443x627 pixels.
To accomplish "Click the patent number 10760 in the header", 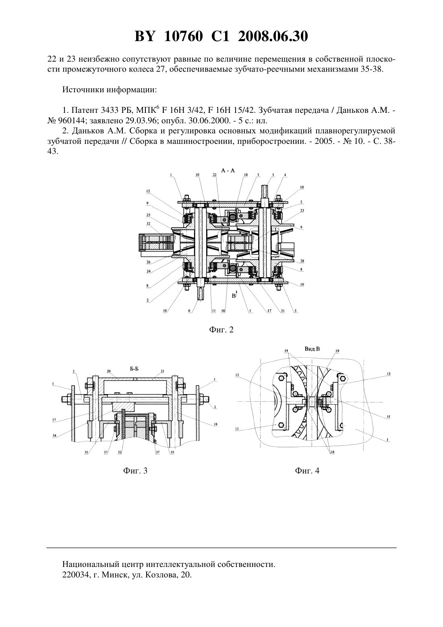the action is click(x=183, y=36).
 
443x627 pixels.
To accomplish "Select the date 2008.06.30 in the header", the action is click(x=273, y=36).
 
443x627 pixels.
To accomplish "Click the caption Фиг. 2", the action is click(x=221, y=330).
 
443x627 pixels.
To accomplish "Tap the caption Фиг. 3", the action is click(x=135, y=471).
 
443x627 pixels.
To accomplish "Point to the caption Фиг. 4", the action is click(x=307, y=471).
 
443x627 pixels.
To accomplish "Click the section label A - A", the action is click(x=228, y=170).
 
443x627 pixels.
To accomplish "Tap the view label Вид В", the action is click(x=312, y=349).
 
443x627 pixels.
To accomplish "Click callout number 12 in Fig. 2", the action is click(x=148, y=191).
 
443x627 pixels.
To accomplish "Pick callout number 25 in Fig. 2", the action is click(x=148, y=215).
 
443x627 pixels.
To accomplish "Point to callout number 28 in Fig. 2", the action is click(x=302, y=261).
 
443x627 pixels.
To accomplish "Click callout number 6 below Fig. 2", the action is click(x=189, y=311).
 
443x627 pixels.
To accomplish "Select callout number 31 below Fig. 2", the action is click(x=283, y=311).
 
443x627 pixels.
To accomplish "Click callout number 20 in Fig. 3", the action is click(x=109, y=371).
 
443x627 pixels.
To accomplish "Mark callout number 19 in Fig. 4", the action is click(x=337, y=351).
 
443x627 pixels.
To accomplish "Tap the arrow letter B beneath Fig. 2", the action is click(x=234, y=296).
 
